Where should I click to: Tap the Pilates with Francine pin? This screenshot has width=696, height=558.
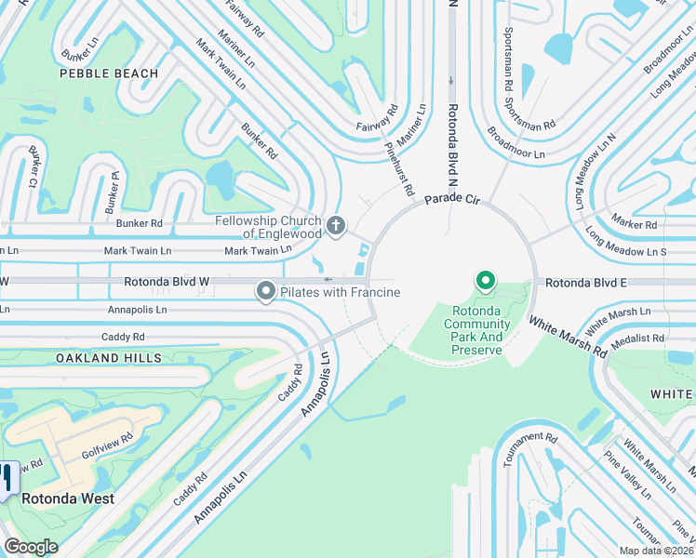[266, 293]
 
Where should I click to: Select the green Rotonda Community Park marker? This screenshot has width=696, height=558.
[484, 280]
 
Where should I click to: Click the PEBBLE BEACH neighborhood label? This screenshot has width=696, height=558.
[109, 73]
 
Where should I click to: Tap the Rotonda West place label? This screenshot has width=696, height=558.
[69, 498]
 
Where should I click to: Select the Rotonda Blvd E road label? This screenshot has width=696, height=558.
[585, 282]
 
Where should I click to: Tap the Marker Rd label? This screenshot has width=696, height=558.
[636, 224]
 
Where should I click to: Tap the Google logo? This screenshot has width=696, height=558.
[31, 547]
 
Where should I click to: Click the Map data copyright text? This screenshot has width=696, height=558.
[656, 551]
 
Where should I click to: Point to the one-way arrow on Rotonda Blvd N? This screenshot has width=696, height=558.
[452, 82]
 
